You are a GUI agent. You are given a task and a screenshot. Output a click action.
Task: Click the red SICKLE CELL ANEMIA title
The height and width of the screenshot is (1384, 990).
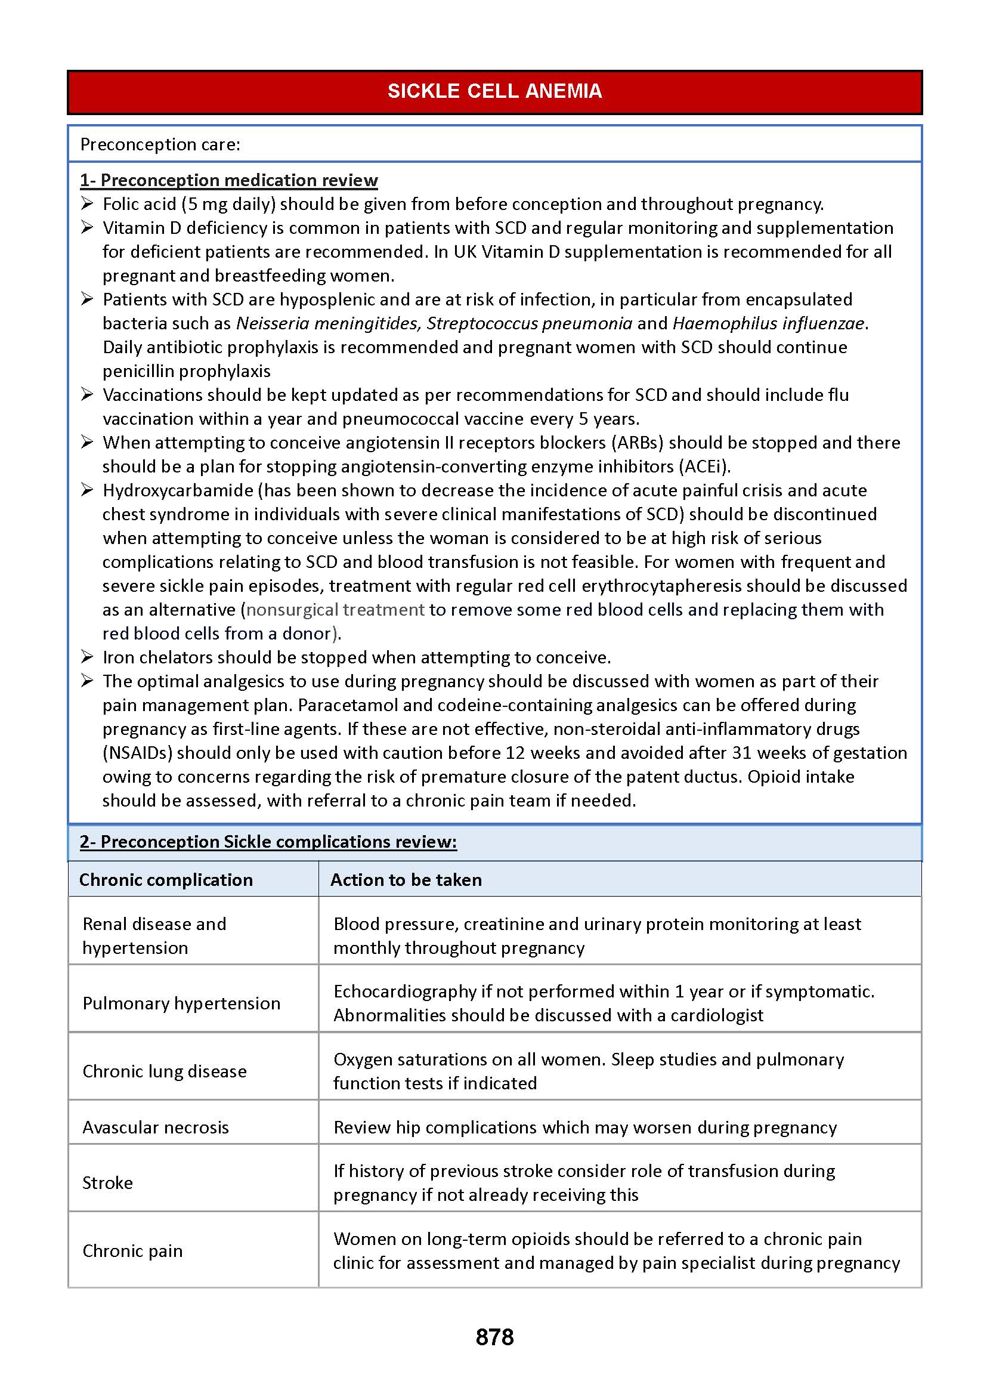tap(494, 91)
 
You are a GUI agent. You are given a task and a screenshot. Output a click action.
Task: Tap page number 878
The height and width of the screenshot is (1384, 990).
tap(494, 1337)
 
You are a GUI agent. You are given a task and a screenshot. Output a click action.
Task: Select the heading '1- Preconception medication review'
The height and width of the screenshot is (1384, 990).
tap(228, 181)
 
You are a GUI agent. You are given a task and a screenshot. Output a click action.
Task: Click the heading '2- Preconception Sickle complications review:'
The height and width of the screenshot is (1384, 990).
tap(268, 842)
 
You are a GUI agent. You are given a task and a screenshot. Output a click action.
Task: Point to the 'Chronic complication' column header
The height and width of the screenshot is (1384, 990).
tap(166, 880)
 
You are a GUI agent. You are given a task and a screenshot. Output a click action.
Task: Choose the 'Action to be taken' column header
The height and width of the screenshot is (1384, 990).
tap(406, 880)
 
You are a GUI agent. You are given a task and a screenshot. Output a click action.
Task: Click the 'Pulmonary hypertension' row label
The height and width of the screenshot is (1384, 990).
tap(181, 1003)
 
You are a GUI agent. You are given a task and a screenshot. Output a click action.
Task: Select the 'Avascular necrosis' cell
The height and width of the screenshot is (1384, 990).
tap(156, 1127)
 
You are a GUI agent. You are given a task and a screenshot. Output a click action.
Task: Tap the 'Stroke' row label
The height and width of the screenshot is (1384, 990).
tap(107, 1183)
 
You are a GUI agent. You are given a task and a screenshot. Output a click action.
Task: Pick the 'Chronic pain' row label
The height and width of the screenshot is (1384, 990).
tap(132, 1251)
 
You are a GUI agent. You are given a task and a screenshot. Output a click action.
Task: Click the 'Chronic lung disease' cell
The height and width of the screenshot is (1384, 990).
tap(165, 1071)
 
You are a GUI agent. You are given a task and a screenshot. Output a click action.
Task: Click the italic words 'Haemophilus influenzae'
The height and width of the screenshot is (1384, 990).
tap(768, 324)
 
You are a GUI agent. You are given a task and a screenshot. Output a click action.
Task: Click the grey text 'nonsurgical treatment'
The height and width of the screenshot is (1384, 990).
tap(335, 610)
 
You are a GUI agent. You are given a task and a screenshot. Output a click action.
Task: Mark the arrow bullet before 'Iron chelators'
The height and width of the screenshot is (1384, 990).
tap(87, 657)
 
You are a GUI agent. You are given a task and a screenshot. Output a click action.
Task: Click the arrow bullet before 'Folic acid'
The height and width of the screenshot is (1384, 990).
tap(87, 203)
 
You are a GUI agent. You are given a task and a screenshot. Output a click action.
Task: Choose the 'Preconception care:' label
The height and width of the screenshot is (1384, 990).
tap(160, 144)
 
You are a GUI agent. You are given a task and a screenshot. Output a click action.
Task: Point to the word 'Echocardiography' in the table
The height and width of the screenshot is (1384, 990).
tap(405, 992)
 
